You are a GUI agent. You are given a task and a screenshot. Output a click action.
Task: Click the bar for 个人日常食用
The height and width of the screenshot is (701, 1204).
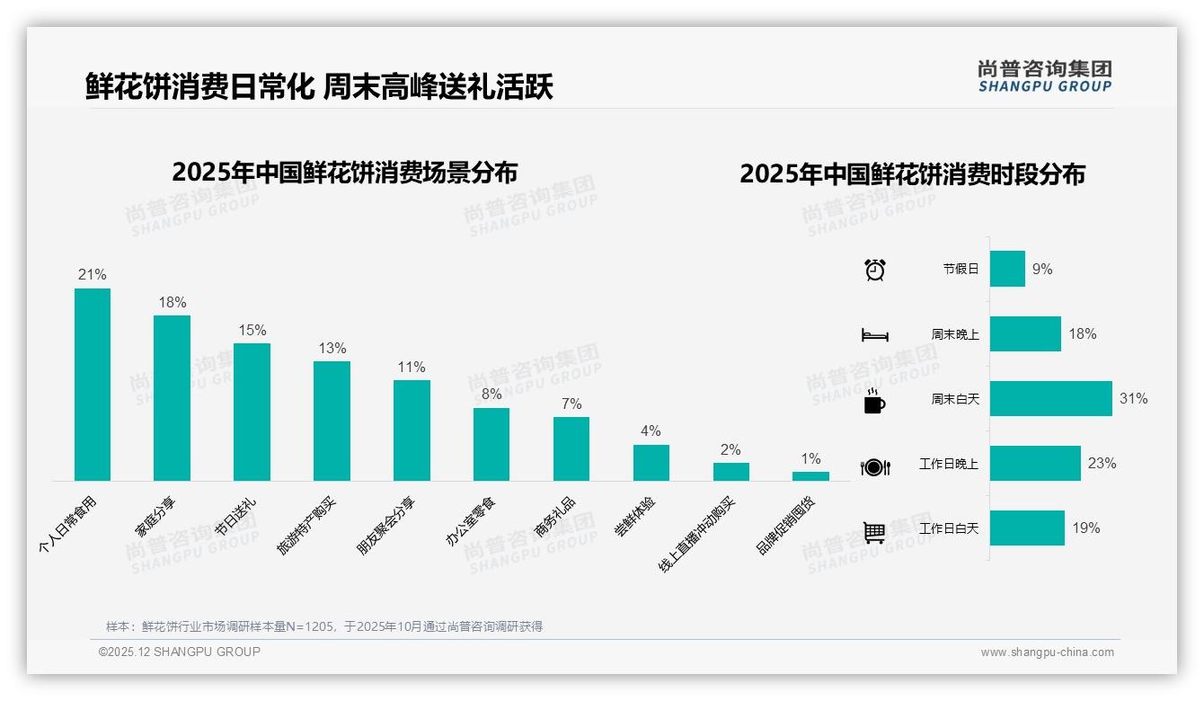(x=93, y=385)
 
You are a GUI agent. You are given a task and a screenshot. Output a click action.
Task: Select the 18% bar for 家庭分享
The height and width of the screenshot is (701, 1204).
(x=172, y=398)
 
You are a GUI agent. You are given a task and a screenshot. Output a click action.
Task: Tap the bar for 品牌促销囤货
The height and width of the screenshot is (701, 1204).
(x=810, y=476)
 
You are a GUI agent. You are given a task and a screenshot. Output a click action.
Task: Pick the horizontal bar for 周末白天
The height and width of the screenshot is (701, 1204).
(x=1050, y=399)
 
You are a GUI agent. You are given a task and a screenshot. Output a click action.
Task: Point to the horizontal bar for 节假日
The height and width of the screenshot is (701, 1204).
(x=1007, y=269)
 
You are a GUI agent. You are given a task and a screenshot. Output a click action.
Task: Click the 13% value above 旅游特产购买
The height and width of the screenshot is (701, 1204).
(x=332, y=349)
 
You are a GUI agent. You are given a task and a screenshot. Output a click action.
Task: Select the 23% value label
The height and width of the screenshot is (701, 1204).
(x=1102, y=464)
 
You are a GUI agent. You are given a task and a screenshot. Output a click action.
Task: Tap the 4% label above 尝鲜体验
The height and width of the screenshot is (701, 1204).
(x=651, y=431)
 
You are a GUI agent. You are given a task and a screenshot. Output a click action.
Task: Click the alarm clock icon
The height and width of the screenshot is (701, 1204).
(x=874, y=270)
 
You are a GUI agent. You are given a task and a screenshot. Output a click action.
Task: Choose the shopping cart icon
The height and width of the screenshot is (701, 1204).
(x=874, y=532)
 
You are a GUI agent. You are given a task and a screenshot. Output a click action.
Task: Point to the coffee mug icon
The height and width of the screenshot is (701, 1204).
(x=874, y=401)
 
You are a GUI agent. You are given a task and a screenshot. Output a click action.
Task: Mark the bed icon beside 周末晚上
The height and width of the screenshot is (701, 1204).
(x=874, y=335)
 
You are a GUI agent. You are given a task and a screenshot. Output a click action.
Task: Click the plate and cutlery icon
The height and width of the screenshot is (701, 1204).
(x=874, y=466)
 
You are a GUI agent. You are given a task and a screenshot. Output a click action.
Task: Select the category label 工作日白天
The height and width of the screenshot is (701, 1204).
(x=949, y=528)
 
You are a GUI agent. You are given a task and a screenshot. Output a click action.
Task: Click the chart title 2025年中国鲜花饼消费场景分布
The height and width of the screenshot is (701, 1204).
(x=344, y=173)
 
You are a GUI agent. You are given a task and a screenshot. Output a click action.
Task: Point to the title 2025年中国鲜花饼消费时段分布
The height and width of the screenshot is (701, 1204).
(x=912, y=174)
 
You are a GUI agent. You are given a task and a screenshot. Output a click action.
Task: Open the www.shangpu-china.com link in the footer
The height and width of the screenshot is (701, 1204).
(x=1047, y=652)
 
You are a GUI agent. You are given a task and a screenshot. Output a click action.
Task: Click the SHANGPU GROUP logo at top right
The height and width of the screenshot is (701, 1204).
(x=1044, y=75)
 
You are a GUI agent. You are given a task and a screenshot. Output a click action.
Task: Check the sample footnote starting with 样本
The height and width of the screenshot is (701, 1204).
(x=324, y=626)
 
